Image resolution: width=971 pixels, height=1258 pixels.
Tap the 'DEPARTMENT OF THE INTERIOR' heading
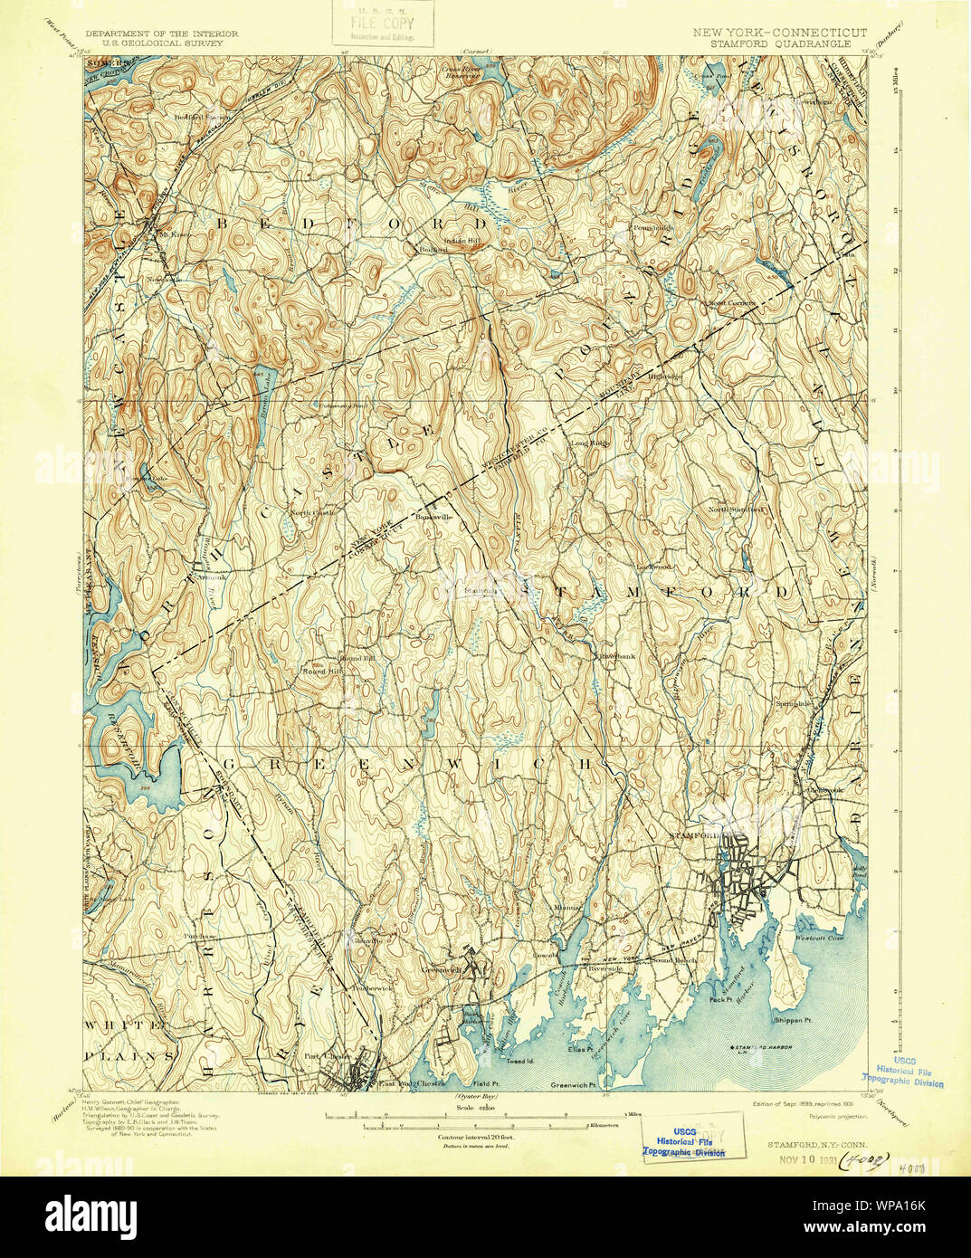tap(162, 33)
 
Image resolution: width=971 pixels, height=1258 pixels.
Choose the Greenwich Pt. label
tap(575, 1084)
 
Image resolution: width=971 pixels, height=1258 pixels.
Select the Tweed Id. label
tap(519, 1060)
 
